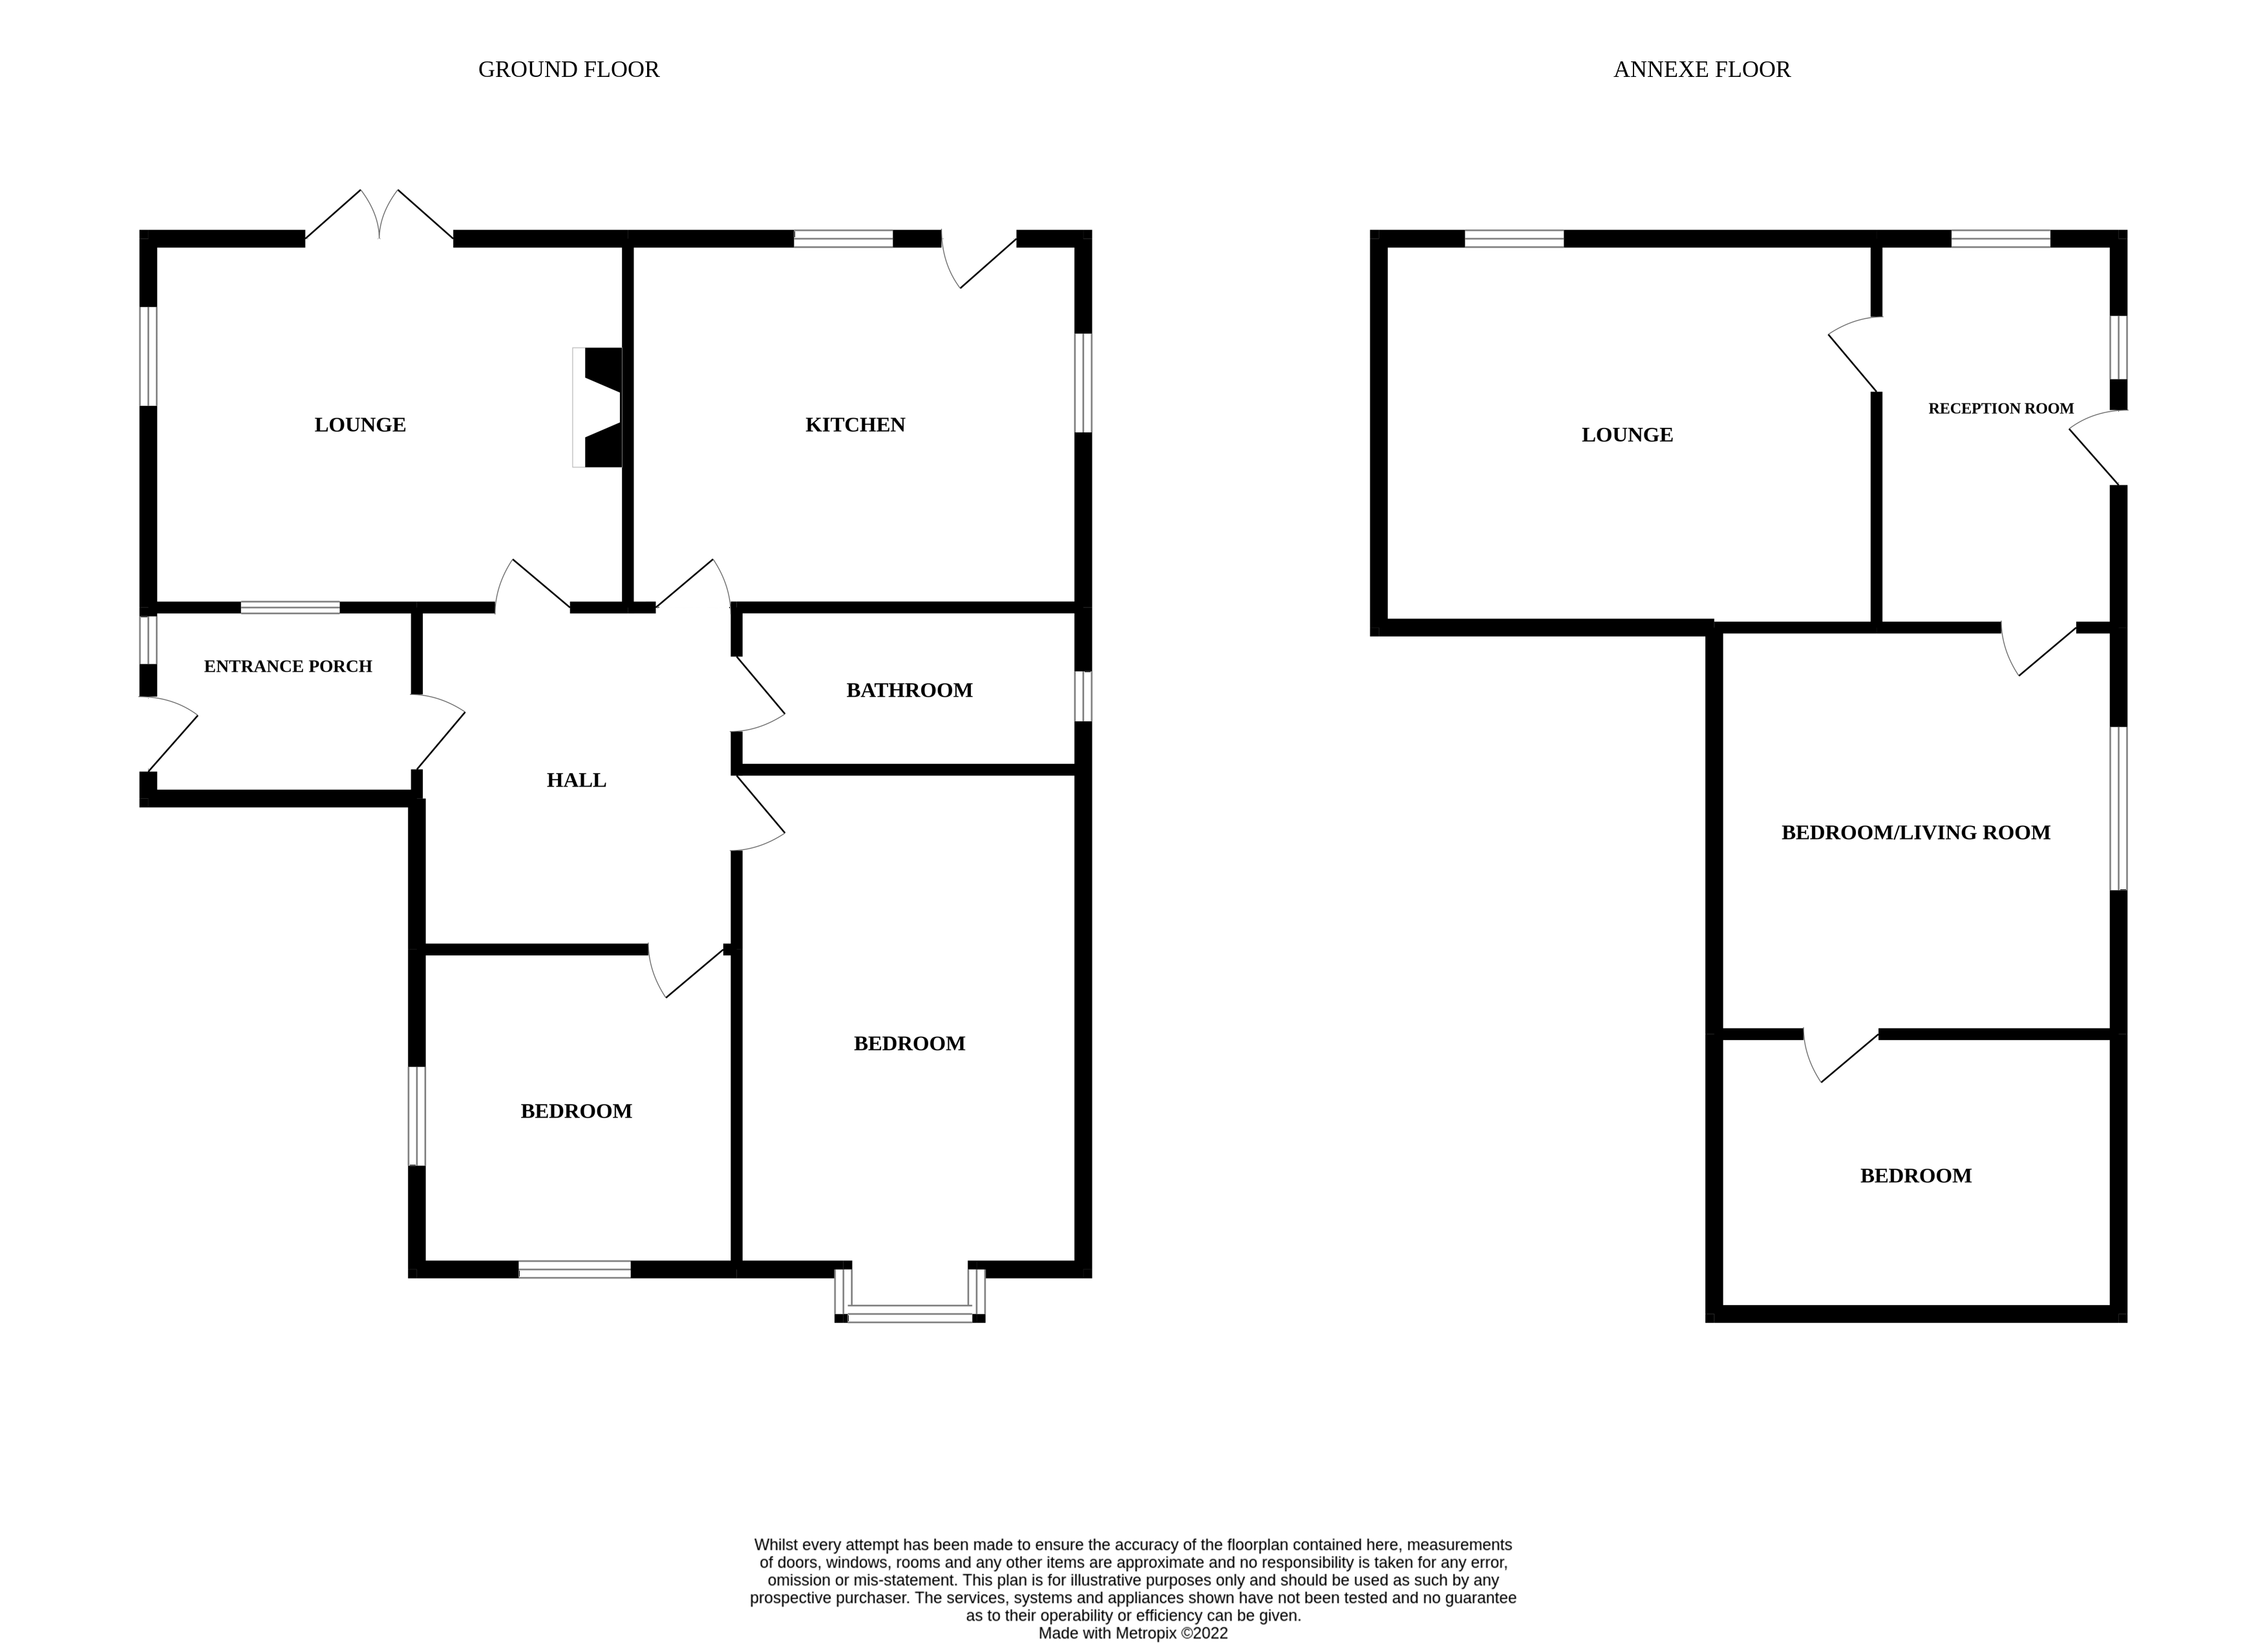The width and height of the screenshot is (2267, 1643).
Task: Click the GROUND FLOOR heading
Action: [569, 70]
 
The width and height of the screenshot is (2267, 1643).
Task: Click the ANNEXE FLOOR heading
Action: [1701, 70]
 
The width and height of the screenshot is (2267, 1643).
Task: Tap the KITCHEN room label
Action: [856, 425]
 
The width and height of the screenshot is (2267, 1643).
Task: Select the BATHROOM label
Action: [909, 690]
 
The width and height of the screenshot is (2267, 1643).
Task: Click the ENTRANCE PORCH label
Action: [288, 666]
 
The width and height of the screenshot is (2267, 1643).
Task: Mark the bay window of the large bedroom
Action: [910, 1295]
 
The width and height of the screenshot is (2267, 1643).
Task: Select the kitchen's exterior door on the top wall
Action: [979, 260]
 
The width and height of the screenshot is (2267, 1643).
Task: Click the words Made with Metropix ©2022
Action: [1133, 1634]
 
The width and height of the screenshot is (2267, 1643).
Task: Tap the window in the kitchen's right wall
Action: [1083, 383]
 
